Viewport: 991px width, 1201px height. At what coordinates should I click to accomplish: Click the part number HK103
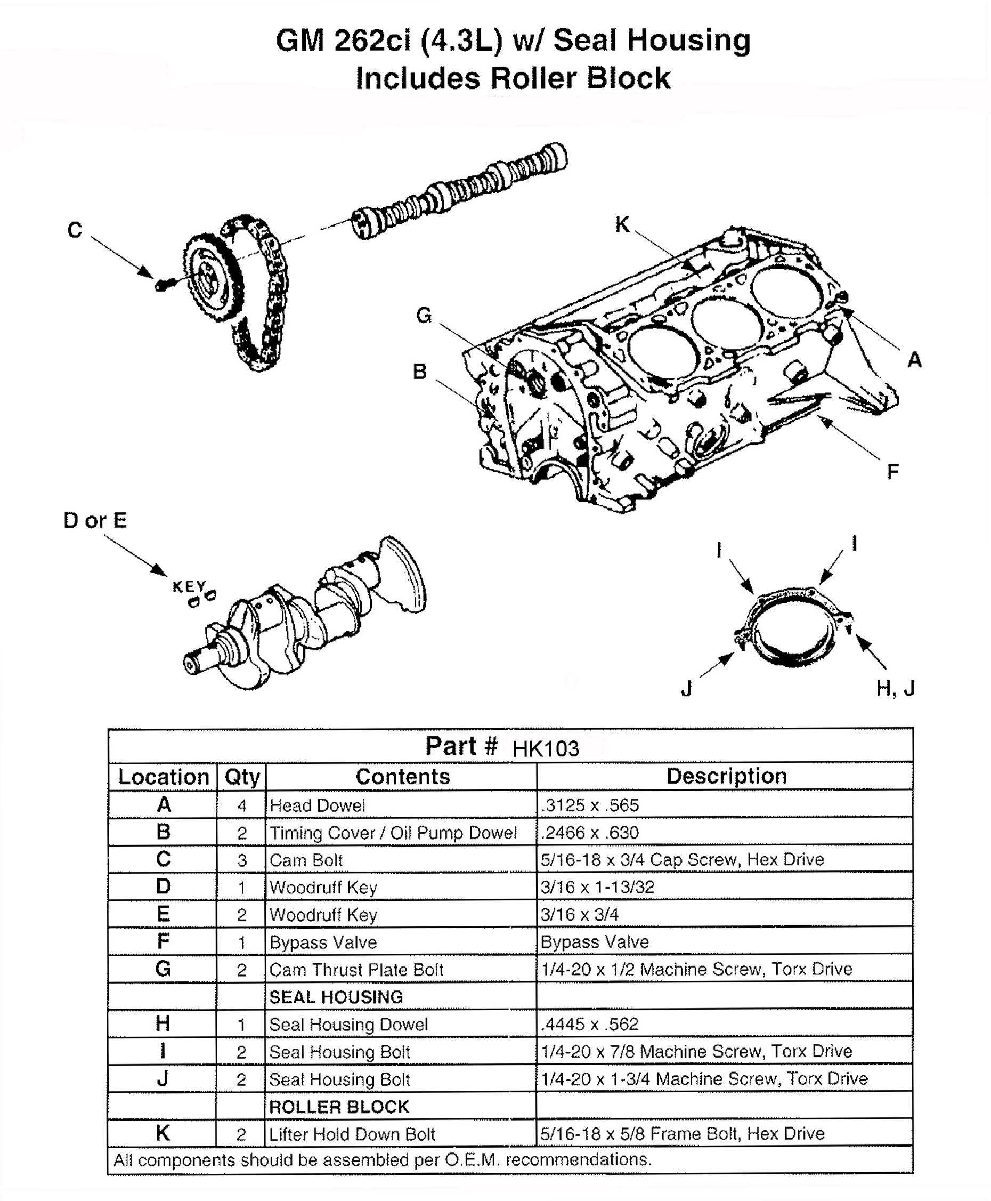[x=546, y=748]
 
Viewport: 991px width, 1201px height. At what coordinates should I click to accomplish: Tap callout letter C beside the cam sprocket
[x=75, y=230]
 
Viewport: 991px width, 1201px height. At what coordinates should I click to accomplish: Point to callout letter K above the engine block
[x=622, y=224]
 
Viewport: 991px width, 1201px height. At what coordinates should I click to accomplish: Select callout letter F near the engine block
[x=893, y=472]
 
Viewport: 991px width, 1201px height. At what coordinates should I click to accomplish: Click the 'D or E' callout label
[x=95, y=520]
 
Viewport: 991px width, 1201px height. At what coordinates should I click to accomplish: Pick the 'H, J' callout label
[x=896, y=689]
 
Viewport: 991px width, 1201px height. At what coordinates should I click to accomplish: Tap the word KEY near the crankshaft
[x=189, y=586]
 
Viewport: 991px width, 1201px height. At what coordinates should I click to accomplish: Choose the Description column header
[x=727, y=776]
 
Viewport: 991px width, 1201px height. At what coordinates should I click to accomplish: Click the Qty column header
[x=242, y=777]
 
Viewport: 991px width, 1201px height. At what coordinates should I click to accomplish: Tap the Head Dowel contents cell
[x=318, y=805]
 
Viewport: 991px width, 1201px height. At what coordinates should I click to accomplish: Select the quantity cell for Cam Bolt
[x=242, y=860]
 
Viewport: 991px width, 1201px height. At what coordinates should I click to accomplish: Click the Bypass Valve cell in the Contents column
[x=323, y=942]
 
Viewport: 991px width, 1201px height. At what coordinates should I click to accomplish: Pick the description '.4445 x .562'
[x=590, y=1024]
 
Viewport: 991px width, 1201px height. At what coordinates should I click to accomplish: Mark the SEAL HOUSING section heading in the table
[x=336, y=997]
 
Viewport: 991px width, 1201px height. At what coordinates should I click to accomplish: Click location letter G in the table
[x=163, y=969]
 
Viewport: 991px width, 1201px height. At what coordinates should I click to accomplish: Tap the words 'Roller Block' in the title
[x=581, y=78]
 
